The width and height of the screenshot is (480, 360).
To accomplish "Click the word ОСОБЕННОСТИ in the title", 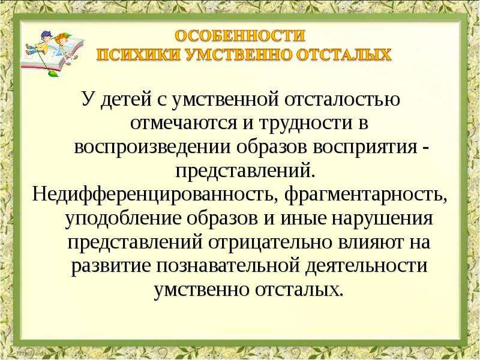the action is pos(240,36).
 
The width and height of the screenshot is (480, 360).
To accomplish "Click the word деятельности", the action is pos(367,266).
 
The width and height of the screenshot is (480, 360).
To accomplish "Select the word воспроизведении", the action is pos(152,148).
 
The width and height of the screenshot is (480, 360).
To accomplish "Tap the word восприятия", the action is pos(365,148).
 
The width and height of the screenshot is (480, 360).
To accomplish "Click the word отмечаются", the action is pos(184,124).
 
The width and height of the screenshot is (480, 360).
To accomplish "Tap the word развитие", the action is pos(111,266).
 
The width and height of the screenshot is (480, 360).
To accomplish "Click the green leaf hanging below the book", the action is pos(53,73).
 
